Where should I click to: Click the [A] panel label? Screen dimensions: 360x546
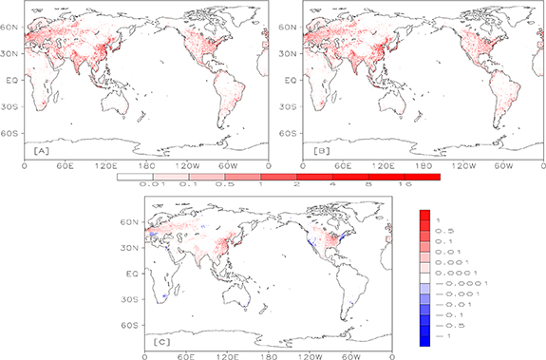coord(41,151)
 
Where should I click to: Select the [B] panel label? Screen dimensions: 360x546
coord(321,151)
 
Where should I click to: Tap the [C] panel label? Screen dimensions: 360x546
coord(161,340)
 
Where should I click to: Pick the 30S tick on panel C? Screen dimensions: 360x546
coord(132,298)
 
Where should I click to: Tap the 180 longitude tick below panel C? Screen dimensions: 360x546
coord(270,357)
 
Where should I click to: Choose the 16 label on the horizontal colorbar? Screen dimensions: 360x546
coord(404,186)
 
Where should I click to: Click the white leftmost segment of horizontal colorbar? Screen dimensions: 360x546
coord(134,177)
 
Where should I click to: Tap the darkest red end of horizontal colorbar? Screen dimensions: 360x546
coord(422,177)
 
